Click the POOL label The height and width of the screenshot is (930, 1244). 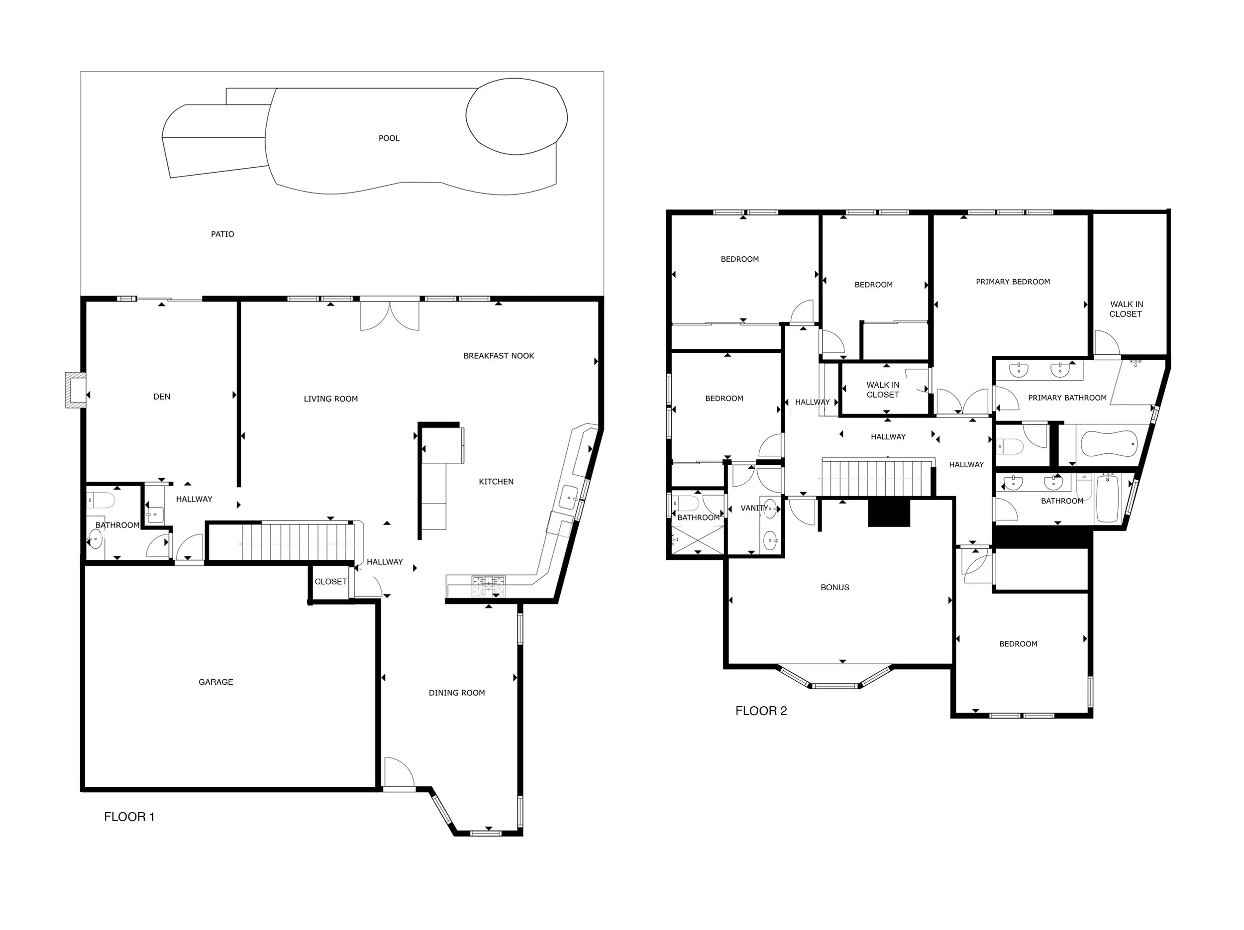pyautogui.click(x=389, y=138)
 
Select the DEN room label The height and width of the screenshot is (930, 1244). pyautogui.click(x=161, y=397)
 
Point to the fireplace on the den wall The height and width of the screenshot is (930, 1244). pyautogui.click(x=75, y=389)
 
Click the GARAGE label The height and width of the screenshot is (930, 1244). pyautogui.click(x=215, y=682)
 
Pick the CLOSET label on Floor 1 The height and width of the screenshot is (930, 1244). pyautogui.click(x=331, y=581)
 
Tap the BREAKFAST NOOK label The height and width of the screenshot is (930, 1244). pyautogui.click(x=498, y=356)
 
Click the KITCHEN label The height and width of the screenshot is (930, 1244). pyautogui.click(x=496, y=481)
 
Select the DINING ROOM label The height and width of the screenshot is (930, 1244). pyautogui.click(x=457, y=693)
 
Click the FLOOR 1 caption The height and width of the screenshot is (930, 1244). pyautogui.click(x=129, y=817)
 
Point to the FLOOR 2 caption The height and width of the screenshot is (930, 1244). pyautogui.click(x=761, y=711)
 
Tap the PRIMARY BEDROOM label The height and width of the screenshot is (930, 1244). pyautogui.click(x=1012, y=282)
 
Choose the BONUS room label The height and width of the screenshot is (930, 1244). pyautogui.click(x=834, y=587)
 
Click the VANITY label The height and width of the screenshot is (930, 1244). pyautogui.click(x=753, y=508)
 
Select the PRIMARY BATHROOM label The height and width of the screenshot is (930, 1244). pyautogui.click(x=1067, y=398)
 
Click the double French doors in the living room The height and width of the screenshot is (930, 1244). pyautogui.click(x=389, y=316)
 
